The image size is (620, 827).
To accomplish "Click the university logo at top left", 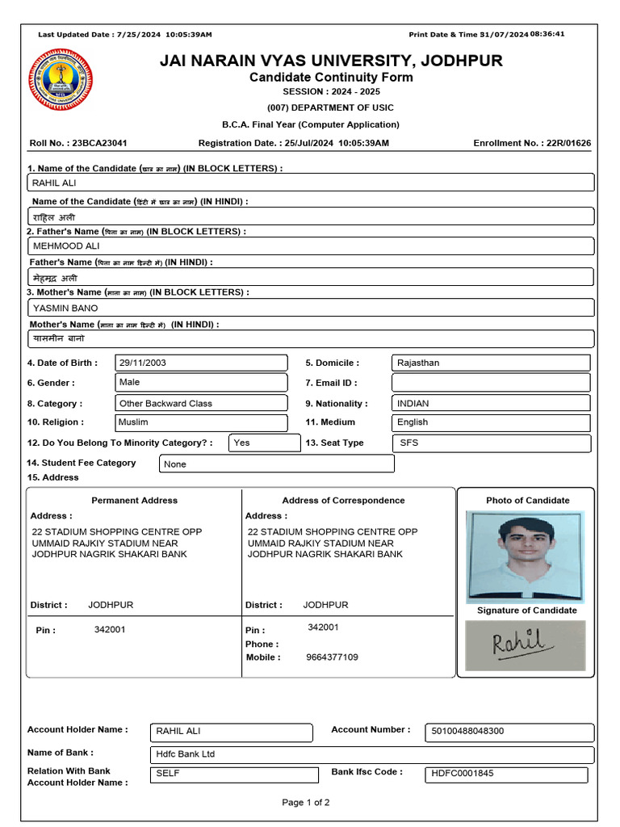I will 61,80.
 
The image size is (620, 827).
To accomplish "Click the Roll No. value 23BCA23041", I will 99,143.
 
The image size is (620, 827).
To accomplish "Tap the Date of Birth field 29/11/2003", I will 201,363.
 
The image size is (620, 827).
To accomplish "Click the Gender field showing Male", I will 201,382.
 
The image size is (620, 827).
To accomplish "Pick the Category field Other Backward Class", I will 201,403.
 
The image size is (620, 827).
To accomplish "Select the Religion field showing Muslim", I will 201,422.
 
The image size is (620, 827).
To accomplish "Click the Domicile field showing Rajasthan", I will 491,363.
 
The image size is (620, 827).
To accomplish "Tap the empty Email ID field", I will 491,383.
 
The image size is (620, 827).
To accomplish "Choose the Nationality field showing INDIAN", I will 491,403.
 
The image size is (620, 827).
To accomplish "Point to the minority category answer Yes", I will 265,443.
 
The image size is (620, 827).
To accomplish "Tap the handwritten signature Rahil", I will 525,644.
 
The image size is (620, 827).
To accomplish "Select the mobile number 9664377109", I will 332,657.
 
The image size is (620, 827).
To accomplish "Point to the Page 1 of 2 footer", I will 305,803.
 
